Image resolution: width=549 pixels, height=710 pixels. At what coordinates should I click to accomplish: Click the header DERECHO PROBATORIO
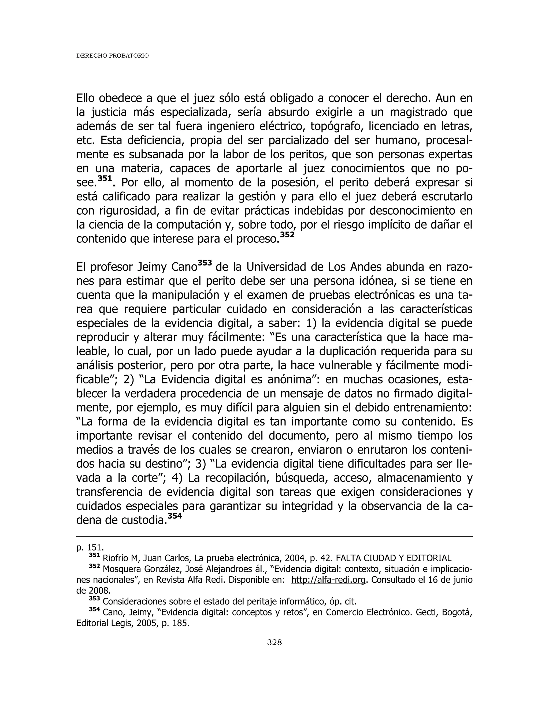112,56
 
